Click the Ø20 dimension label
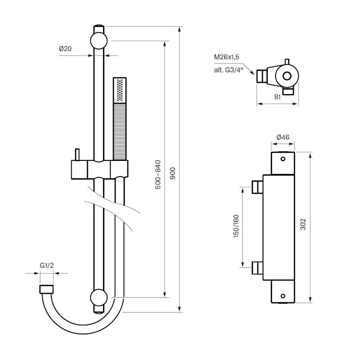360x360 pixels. click(65, 49)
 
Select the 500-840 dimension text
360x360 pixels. click(158, 174)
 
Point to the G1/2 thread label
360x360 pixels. click(47, 265)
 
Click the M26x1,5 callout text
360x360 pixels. click(227, 57)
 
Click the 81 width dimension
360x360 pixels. click(277, 97)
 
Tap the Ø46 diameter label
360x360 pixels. click(283, 137)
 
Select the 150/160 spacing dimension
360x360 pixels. click(236, 226)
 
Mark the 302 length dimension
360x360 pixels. click(303, 224)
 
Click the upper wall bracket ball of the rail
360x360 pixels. click(99, 41)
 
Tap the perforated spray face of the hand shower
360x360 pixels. click(120, 90)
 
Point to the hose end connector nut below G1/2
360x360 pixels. click(47, 290)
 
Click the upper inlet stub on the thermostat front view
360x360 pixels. click(257, 187)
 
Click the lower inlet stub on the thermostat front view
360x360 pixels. click(257, 269)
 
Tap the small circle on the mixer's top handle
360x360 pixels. click(283, 159)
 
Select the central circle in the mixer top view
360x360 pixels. click(287, 76)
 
